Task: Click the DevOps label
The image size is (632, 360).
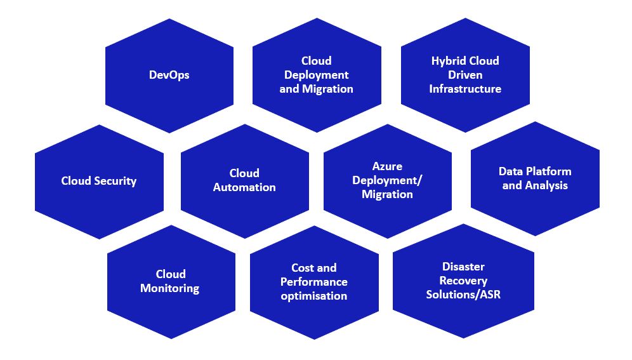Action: (x=169, y=75)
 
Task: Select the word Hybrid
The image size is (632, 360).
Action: (x=447, y=61)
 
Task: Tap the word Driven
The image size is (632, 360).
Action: (x=465, y=75)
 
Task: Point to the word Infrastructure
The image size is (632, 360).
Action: (x=465, y=89)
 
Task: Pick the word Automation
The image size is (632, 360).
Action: (x=244, y=187)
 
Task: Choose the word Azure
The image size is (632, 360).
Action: (x=387, y=166)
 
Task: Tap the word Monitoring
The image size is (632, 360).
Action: (x=169, y=289)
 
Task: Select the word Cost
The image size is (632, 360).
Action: (x=302, y=268)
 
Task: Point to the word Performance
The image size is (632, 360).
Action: (x=314, y=282)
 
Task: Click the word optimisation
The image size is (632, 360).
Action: (x=314, y=296)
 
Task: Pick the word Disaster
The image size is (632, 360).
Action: (x=463, y=267)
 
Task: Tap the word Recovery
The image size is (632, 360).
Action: (x=463, y=281)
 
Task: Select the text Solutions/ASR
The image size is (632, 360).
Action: (x=463, y=295)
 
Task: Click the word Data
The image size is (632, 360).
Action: (x=510, y=171)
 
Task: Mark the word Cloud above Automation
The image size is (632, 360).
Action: (x=244, y=173)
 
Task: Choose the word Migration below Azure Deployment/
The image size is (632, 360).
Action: (x=387, y=194)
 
